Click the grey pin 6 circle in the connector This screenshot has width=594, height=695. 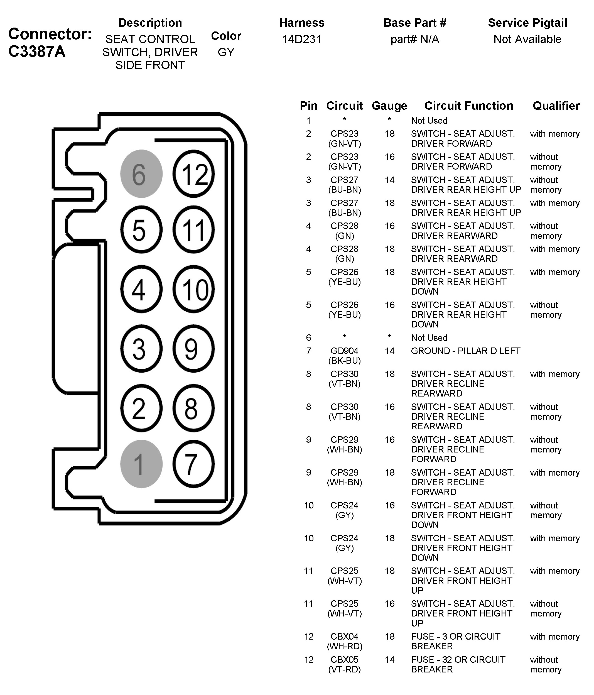(x=141, y=174)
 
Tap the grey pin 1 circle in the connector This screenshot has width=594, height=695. (x=141, y=464)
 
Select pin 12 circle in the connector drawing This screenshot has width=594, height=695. (x=193, y=174)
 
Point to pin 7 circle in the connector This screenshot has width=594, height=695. (x=193, y=464)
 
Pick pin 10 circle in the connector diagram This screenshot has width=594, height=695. (x=193, y=289)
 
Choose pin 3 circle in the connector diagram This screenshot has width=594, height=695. (x=141, y=349)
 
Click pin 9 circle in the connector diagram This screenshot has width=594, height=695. (x=193, y=349)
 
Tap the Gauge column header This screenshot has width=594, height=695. (x=389, y=106)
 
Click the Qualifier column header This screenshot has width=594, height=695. (x=556, y=106)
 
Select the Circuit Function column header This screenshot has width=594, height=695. (x=468, y=106)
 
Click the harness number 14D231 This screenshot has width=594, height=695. (x=301, y=39)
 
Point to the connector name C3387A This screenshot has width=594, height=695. (x=37, y=51)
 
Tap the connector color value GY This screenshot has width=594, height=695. (x=226, y=52)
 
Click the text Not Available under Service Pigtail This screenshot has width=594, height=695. (x=527, y=39)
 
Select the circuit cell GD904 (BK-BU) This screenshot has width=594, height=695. (x=345, y=356)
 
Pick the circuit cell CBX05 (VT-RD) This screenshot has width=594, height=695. (x=345, y=664)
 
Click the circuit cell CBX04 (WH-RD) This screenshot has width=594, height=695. (x=345, y=641)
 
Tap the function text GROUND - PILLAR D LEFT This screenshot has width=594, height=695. (x=465, y=351)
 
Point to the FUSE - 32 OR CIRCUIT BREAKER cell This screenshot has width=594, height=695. (x=458, y=664)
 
